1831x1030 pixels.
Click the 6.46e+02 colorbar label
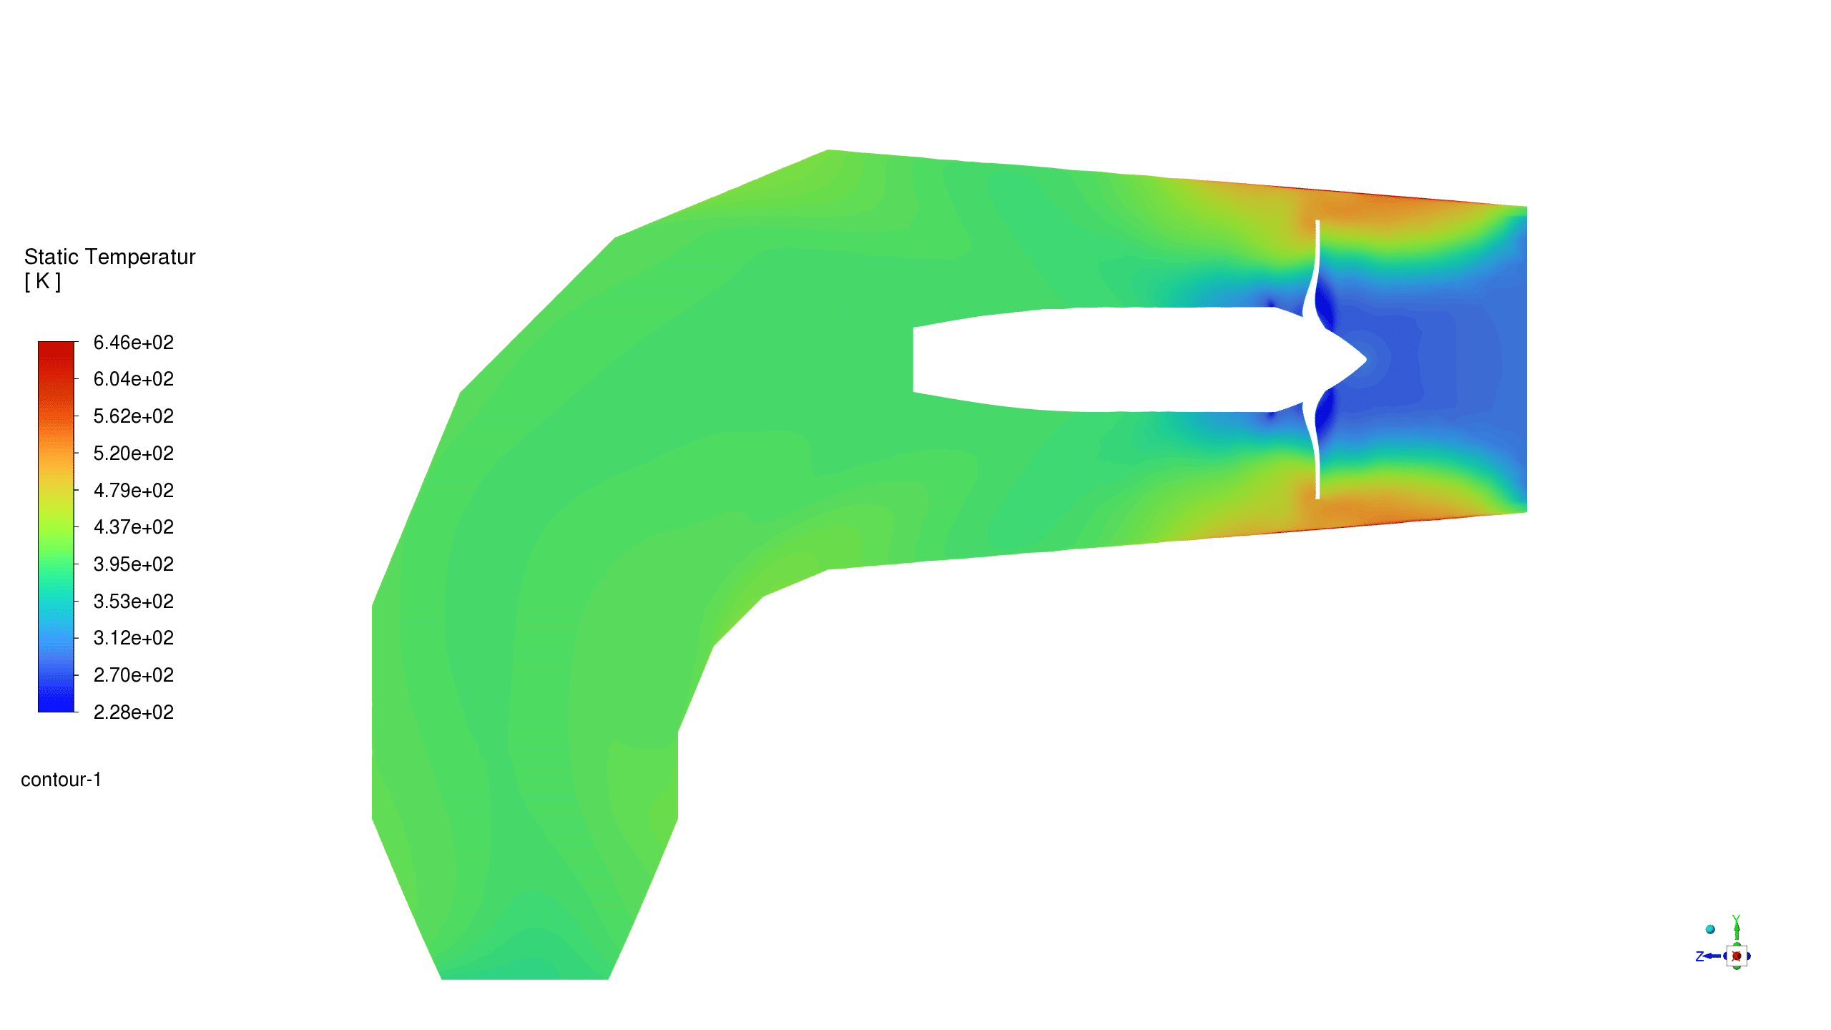click(134, 343)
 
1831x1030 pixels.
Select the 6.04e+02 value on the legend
click(134, 379)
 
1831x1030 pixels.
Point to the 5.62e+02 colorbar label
click(134, 416)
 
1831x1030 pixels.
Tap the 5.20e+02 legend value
click(134, 453)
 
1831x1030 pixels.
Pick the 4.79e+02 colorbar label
click(134, 491)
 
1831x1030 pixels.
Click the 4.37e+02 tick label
click(134, 527)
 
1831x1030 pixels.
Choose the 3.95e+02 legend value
click(134, 564)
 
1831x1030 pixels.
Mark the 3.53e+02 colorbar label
click(134, 602)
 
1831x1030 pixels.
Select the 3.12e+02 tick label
click(134, 638)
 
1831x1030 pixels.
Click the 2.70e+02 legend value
click(134, 675)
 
